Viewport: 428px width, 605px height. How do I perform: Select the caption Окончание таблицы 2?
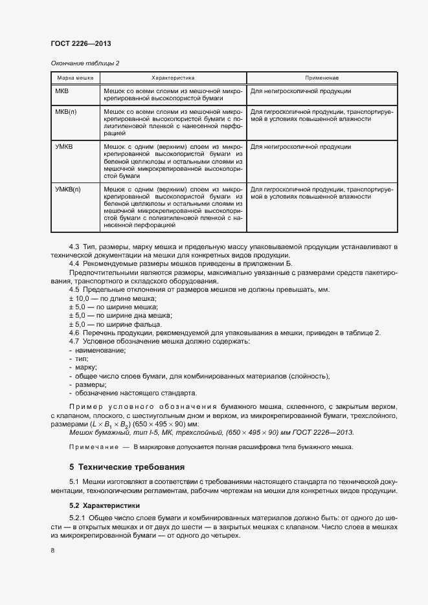click(x=85, y=63)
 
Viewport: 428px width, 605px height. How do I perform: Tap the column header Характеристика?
click(x=173, y=78)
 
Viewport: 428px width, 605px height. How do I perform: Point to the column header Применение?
click(x=322, y=78)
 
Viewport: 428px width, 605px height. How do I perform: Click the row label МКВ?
click(x=63, y=91)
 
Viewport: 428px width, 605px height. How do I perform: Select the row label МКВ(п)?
click(x=67, y=111)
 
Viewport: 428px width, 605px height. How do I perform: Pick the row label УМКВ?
click(x=65, y=147)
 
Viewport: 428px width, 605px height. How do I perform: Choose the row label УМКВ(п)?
click(x=68, y=189)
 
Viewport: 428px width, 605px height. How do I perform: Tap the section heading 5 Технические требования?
click(x=127, y=467)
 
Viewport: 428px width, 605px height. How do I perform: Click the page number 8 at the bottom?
click(x=52, y=551)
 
